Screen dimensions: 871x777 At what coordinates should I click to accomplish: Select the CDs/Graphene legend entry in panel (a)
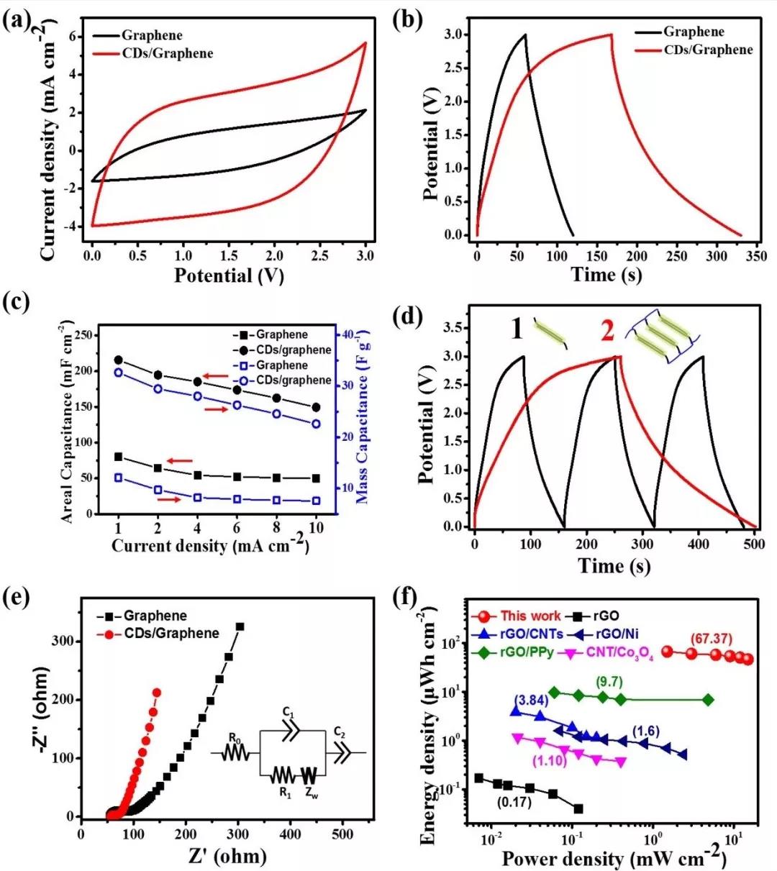167,53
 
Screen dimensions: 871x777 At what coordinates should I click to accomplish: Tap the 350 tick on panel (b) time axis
756,255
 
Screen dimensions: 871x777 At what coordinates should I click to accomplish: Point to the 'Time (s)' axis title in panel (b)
606,275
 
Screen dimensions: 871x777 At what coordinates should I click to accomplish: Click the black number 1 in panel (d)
517,329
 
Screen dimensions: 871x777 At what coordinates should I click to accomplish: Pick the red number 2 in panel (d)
607,330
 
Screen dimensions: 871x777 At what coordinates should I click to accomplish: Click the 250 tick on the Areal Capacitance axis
86,335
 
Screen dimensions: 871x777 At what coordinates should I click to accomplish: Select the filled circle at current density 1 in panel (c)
119,360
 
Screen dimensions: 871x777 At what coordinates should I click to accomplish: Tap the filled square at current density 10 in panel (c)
315,478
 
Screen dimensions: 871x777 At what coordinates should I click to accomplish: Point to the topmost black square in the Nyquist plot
240,626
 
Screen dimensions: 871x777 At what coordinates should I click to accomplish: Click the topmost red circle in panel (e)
156,693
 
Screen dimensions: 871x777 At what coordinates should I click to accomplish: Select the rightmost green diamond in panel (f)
708,700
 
